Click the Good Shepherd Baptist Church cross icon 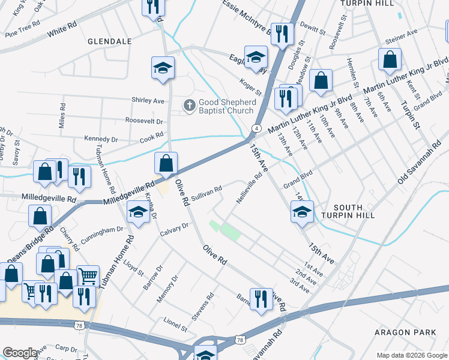click(189, 106)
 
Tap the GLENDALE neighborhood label click(109, 41)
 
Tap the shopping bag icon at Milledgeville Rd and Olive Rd click(166, 163)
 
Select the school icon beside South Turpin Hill click(302, 211)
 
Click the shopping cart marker click(88, 276)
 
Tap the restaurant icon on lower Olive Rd click(261, 298)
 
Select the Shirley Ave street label click(148, 101)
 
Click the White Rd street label click(63, 28)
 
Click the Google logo click(20, 353)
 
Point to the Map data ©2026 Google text click(411, 355)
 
